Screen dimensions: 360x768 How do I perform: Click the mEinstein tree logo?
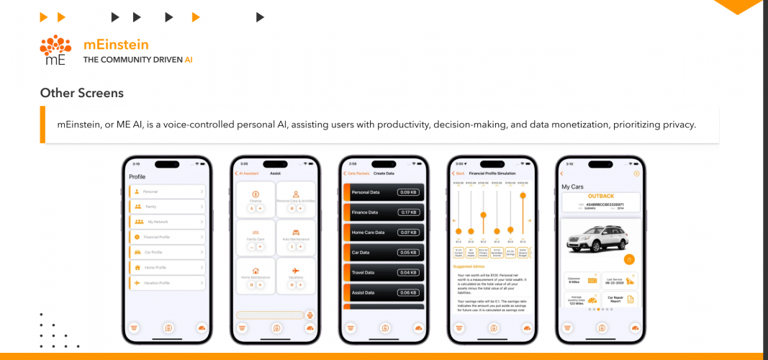tap(55, 50)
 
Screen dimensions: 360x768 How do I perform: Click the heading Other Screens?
tap(81, 93)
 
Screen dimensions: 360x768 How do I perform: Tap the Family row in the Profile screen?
tap(166, 207)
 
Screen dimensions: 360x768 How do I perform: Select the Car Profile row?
tap(166, 252)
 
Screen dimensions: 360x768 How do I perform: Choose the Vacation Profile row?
tap(166, 283)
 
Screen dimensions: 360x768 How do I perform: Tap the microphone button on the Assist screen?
tap(310, 315)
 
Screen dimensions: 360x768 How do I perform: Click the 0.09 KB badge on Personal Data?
tap(409, 192)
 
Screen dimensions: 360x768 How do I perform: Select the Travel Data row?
tap(384, 273)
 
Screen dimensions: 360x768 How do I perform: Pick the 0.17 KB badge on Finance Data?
tap(409, 212)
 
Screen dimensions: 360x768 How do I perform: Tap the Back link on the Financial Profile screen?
tap(458, 174)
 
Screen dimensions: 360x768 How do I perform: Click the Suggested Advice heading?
tap(468, 266)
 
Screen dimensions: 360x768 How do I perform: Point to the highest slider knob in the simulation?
tap(523, 195)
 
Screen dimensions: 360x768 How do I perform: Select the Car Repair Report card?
tap(618, 299)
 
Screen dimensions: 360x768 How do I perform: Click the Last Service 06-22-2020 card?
tap(618, 280)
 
